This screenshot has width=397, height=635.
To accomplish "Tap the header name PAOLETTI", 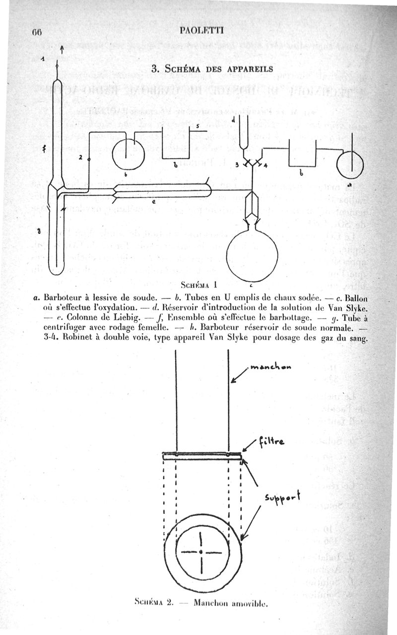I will coord(202,30).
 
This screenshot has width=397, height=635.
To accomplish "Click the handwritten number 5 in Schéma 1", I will coord(198,127).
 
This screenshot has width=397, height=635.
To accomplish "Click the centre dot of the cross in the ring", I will coord(200,551).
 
